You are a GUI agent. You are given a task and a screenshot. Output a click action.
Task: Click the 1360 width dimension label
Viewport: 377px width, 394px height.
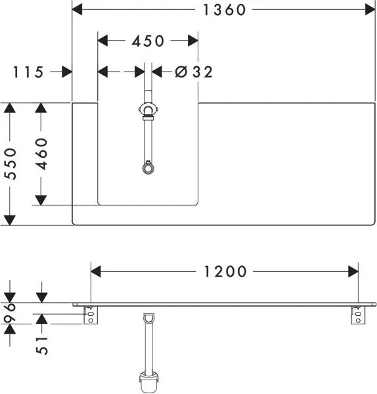[224, 10]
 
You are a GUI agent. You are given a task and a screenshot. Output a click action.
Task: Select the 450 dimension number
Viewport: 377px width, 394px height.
[148, 41]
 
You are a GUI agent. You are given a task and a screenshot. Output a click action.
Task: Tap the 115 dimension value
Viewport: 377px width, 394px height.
[28, 72]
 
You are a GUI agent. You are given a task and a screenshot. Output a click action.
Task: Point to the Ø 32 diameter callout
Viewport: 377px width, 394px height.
[194, 72]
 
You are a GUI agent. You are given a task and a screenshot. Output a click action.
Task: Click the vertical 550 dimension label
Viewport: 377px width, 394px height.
[11, 164]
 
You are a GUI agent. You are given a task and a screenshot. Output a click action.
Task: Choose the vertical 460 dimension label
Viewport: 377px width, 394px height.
[41, 154]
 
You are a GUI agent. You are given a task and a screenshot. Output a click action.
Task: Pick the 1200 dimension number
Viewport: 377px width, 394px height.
[225, 272]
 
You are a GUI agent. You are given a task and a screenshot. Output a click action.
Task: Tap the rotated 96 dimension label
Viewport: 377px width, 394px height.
[11, 313]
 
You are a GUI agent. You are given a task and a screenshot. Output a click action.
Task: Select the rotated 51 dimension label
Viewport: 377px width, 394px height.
[42, 345]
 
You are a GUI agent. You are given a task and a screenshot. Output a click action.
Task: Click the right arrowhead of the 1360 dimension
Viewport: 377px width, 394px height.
[370, 10]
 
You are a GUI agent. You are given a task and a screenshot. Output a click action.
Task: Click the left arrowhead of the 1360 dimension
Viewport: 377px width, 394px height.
[77, 10]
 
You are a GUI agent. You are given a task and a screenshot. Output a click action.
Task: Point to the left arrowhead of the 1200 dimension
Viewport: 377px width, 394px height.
[96, 272]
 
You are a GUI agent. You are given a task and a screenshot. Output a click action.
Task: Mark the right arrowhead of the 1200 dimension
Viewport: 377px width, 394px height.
[353, 272]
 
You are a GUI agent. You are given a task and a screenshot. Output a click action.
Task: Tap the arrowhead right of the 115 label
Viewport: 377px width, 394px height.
[67, 72]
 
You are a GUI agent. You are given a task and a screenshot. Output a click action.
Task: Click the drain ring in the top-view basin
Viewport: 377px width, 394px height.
[148, 168]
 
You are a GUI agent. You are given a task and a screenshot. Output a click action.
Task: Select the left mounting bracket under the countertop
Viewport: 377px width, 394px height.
[91, 315]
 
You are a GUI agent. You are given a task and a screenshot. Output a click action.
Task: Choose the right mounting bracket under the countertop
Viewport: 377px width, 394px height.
[358, 315]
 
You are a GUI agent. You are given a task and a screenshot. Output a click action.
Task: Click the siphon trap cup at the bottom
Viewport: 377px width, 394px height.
[149, 383]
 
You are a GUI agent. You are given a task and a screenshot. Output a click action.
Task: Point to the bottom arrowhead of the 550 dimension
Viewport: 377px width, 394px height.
[10, 221]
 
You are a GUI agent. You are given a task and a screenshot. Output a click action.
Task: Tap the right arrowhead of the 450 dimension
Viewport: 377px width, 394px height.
[193, 41]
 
